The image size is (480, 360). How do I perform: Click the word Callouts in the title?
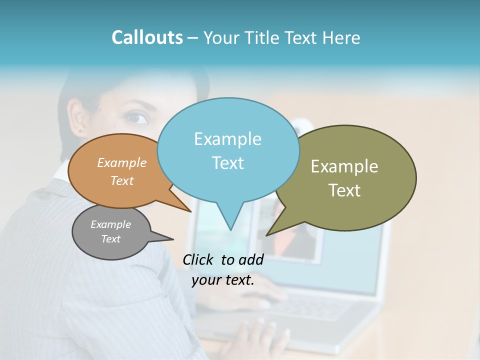(x=147, y=37)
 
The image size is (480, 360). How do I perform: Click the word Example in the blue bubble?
(x=227, y=139)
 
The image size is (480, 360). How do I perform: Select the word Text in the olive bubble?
(x=344, y=190)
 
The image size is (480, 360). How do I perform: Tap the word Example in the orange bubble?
(x=121, y=162)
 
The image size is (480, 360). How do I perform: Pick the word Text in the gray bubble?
(x=110, y=239)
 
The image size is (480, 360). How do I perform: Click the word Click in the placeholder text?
(x=199, y=259)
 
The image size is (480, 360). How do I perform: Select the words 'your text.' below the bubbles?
(x=222, y=280)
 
